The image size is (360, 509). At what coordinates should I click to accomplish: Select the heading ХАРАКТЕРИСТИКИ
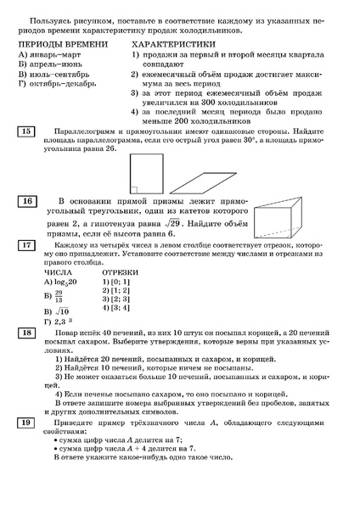[177, 42]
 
